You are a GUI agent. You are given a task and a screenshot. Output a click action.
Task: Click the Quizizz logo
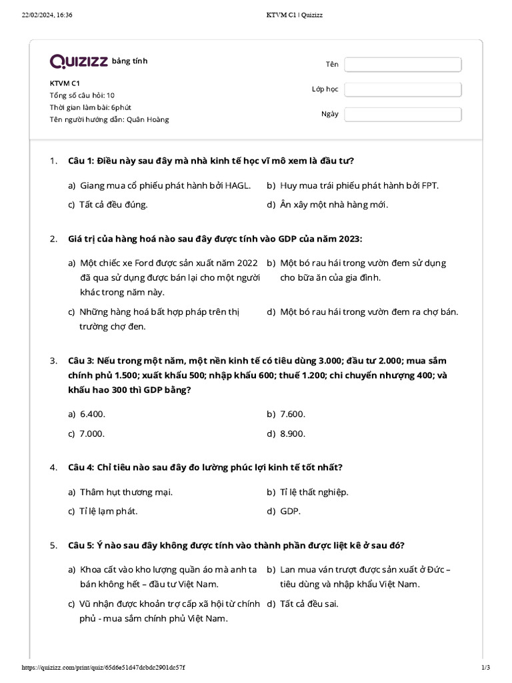tap(79, 61)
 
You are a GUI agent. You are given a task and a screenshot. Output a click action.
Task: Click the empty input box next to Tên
tap(403, 64)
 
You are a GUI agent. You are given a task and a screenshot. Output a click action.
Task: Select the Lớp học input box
tap(403, 89)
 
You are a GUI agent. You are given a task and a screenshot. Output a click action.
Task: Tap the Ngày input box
tap(403, 114)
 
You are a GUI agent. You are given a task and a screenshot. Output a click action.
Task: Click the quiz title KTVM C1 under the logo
tap(65, 83)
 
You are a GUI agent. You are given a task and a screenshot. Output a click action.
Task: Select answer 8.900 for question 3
tap(292, 434)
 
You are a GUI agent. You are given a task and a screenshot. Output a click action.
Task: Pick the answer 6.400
tap(93, 414)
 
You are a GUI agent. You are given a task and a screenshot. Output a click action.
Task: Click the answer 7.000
tap(92, 434)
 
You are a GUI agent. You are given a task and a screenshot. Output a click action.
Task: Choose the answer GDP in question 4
tap(290, 512)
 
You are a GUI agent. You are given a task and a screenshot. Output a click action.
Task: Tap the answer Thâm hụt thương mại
tap(126, 492)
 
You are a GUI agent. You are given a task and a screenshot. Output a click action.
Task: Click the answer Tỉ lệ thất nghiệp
tap(314, 492)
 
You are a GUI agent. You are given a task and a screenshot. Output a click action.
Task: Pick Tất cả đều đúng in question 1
tap(113, 205)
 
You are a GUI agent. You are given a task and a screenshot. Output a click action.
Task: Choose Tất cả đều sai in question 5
tap(309, 604)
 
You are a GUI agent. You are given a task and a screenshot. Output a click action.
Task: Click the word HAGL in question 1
tap(238, 185)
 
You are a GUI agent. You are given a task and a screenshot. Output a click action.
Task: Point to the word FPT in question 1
tap(430, 185)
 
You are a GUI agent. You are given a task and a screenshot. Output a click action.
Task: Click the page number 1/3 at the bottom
tap(485, 668)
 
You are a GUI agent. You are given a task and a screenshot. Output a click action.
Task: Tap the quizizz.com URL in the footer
tap(103, 668)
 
